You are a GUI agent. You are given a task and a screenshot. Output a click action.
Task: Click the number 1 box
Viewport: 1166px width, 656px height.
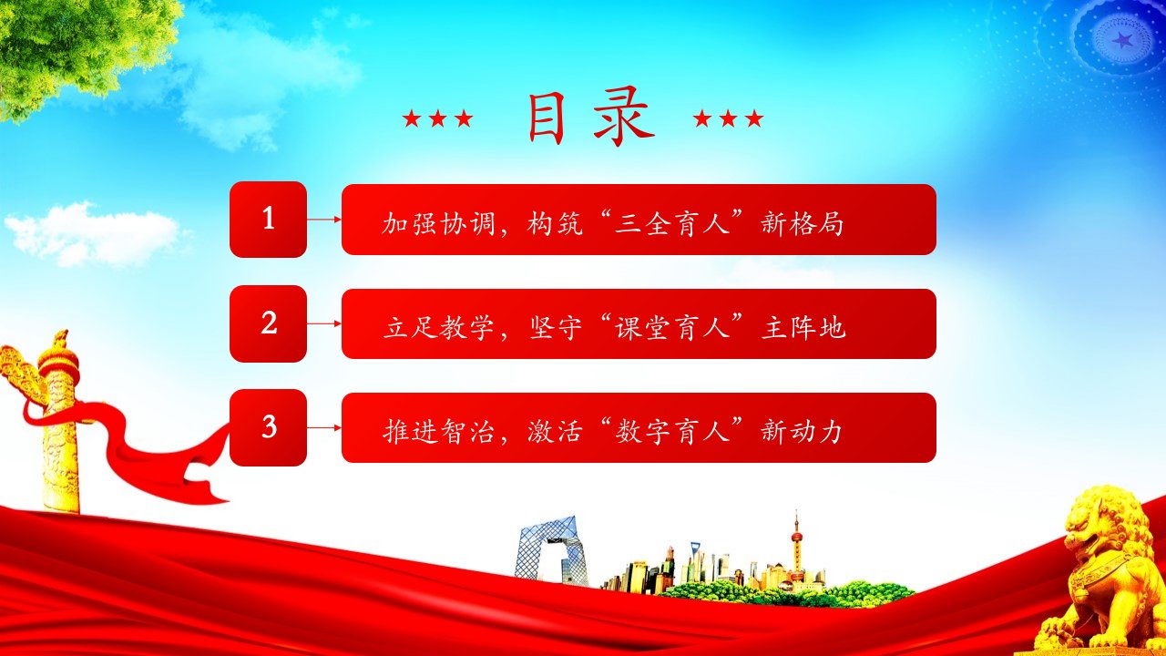(x=268, y=220)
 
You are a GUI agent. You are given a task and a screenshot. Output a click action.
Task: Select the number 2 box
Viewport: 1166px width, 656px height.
(x=268, y=323)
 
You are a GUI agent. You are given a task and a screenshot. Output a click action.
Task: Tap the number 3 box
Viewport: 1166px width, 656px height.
(x=268, y=427)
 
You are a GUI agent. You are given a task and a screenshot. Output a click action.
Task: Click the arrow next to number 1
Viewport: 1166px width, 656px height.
(x=323, y=220)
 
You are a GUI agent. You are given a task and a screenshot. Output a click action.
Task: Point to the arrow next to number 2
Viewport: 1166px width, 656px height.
(x=323, y=323)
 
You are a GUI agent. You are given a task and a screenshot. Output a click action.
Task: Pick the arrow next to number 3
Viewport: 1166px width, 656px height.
(x=323, y=427)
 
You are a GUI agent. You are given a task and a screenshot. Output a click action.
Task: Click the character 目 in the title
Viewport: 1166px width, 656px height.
(x=547, y=118)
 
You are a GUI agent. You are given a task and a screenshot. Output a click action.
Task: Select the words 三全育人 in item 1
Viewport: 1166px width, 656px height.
(x=671, y=224)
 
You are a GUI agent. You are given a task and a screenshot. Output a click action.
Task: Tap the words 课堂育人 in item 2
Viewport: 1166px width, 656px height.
(x=671, y=328)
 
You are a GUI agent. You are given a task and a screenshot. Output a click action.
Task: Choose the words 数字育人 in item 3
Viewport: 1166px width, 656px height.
(x=671, y=432)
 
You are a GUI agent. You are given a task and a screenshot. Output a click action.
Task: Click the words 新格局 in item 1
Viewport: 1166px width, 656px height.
(x=802, y=224)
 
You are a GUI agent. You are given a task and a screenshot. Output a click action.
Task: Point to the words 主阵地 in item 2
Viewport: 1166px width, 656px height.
(x=803, y=328)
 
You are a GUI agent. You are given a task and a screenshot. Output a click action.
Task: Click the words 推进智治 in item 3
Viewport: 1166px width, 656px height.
(x=438, y=432)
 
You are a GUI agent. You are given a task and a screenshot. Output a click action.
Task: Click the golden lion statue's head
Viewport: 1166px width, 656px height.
(x=1108, y=526)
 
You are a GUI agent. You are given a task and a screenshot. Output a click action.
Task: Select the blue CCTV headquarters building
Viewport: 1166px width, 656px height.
(x=550, y=549)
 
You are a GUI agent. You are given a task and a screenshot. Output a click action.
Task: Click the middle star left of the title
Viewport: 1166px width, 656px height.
(x=438, y=118)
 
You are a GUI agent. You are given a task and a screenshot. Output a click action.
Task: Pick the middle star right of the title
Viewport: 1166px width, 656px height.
(x=728, y=118)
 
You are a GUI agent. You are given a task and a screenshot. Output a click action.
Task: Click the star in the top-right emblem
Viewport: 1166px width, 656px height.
(x=1120, y=39)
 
